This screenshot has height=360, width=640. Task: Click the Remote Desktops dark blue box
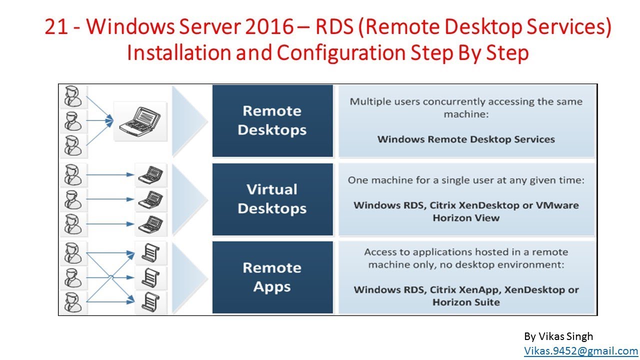click(272, 120)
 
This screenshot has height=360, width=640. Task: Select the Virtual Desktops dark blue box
click(272, 199)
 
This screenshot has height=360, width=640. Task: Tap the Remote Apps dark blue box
click(272, 277)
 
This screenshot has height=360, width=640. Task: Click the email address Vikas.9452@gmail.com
click(581, 351)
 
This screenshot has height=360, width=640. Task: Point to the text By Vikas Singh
click(558, 336)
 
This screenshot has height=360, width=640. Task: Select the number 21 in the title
click(55, 28)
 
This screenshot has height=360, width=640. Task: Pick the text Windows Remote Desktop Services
click(466, 139)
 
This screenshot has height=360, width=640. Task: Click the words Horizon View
click(466, 218)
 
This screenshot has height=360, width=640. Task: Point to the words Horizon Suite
click(466, 302)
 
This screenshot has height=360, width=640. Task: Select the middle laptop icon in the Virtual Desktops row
click(150, 199)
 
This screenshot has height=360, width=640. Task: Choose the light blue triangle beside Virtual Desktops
click(187, 199)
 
